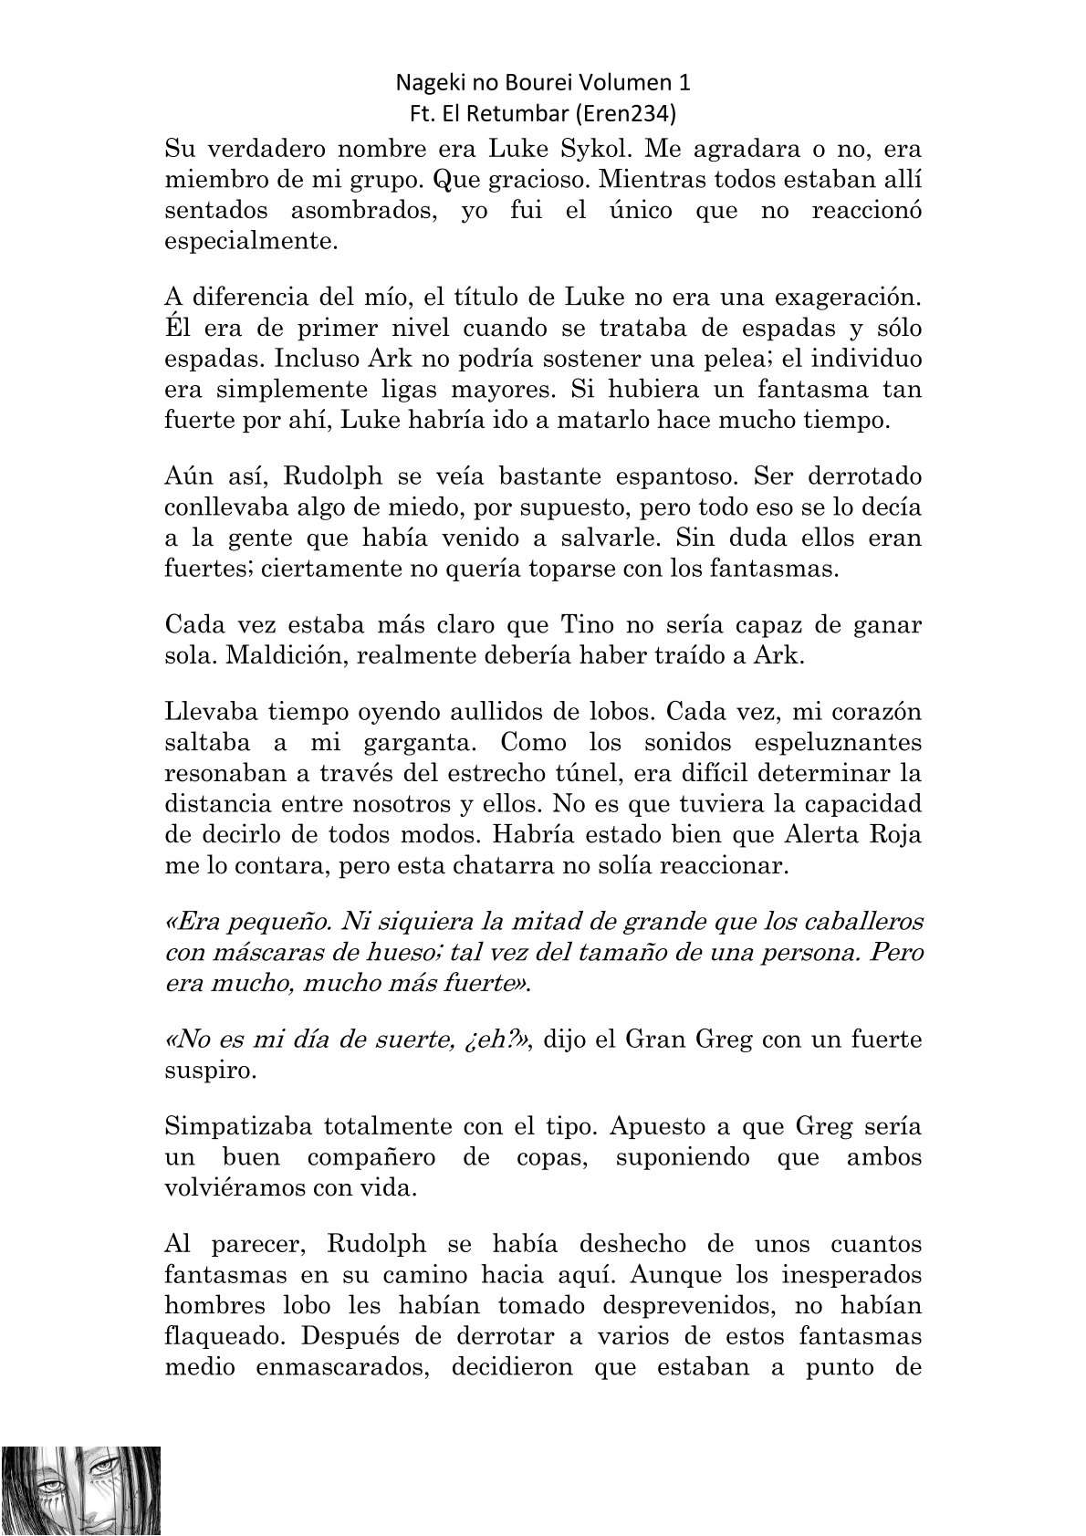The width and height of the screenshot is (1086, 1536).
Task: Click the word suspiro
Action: coord(211,1070)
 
